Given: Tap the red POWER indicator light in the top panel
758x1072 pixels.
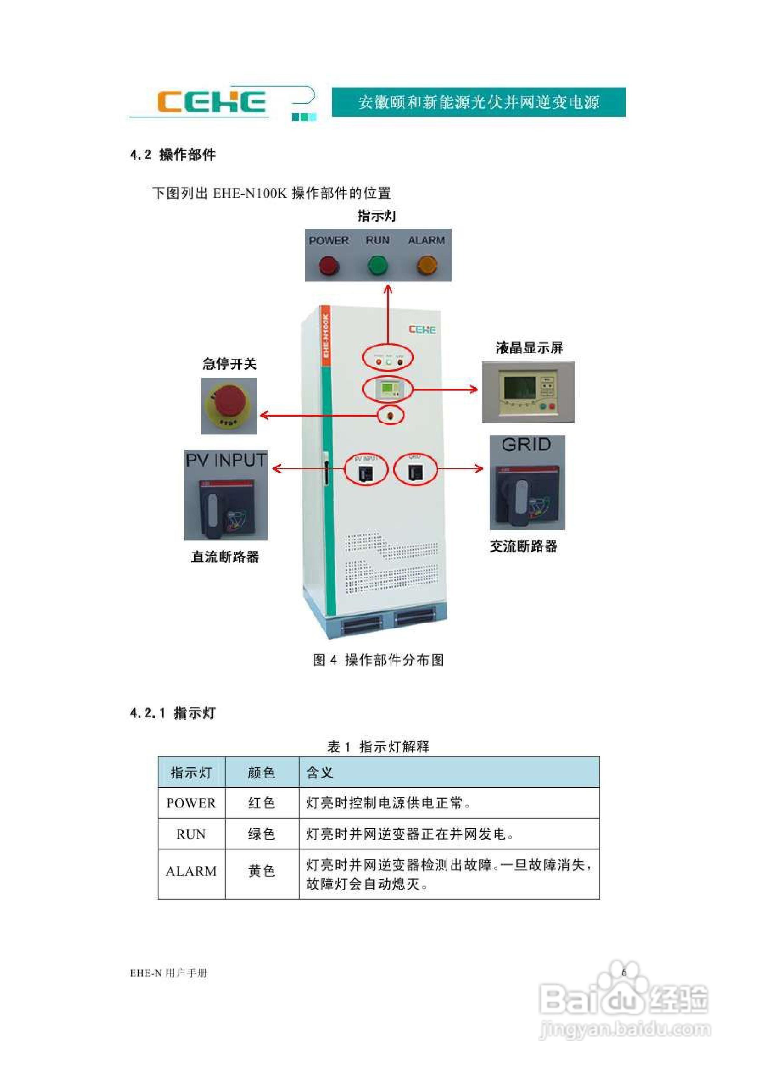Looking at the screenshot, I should (329, 266).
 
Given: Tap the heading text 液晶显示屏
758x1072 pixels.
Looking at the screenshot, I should (529, 347).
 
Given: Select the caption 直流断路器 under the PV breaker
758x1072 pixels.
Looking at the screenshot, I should (225, 557).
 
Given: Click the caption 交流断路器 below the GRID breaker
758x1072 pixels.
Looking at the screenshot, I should (523, 546).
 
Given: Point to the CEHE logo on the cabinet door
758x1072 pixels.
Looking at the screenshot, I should (422, 330).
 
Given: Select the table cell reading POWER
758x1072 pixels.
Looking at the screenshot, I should (191, 803).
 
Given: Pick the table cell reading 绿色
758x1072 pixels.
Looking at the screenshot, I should (262, 834).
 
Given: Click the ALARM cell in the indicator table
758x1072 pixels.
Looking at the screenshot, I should (191, 871).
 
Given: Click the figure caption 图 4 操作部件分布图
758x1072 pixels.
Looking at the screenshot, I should (378, 660).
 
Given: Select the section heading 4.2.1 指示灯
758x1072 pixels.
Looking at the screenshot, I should (173, 713).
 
